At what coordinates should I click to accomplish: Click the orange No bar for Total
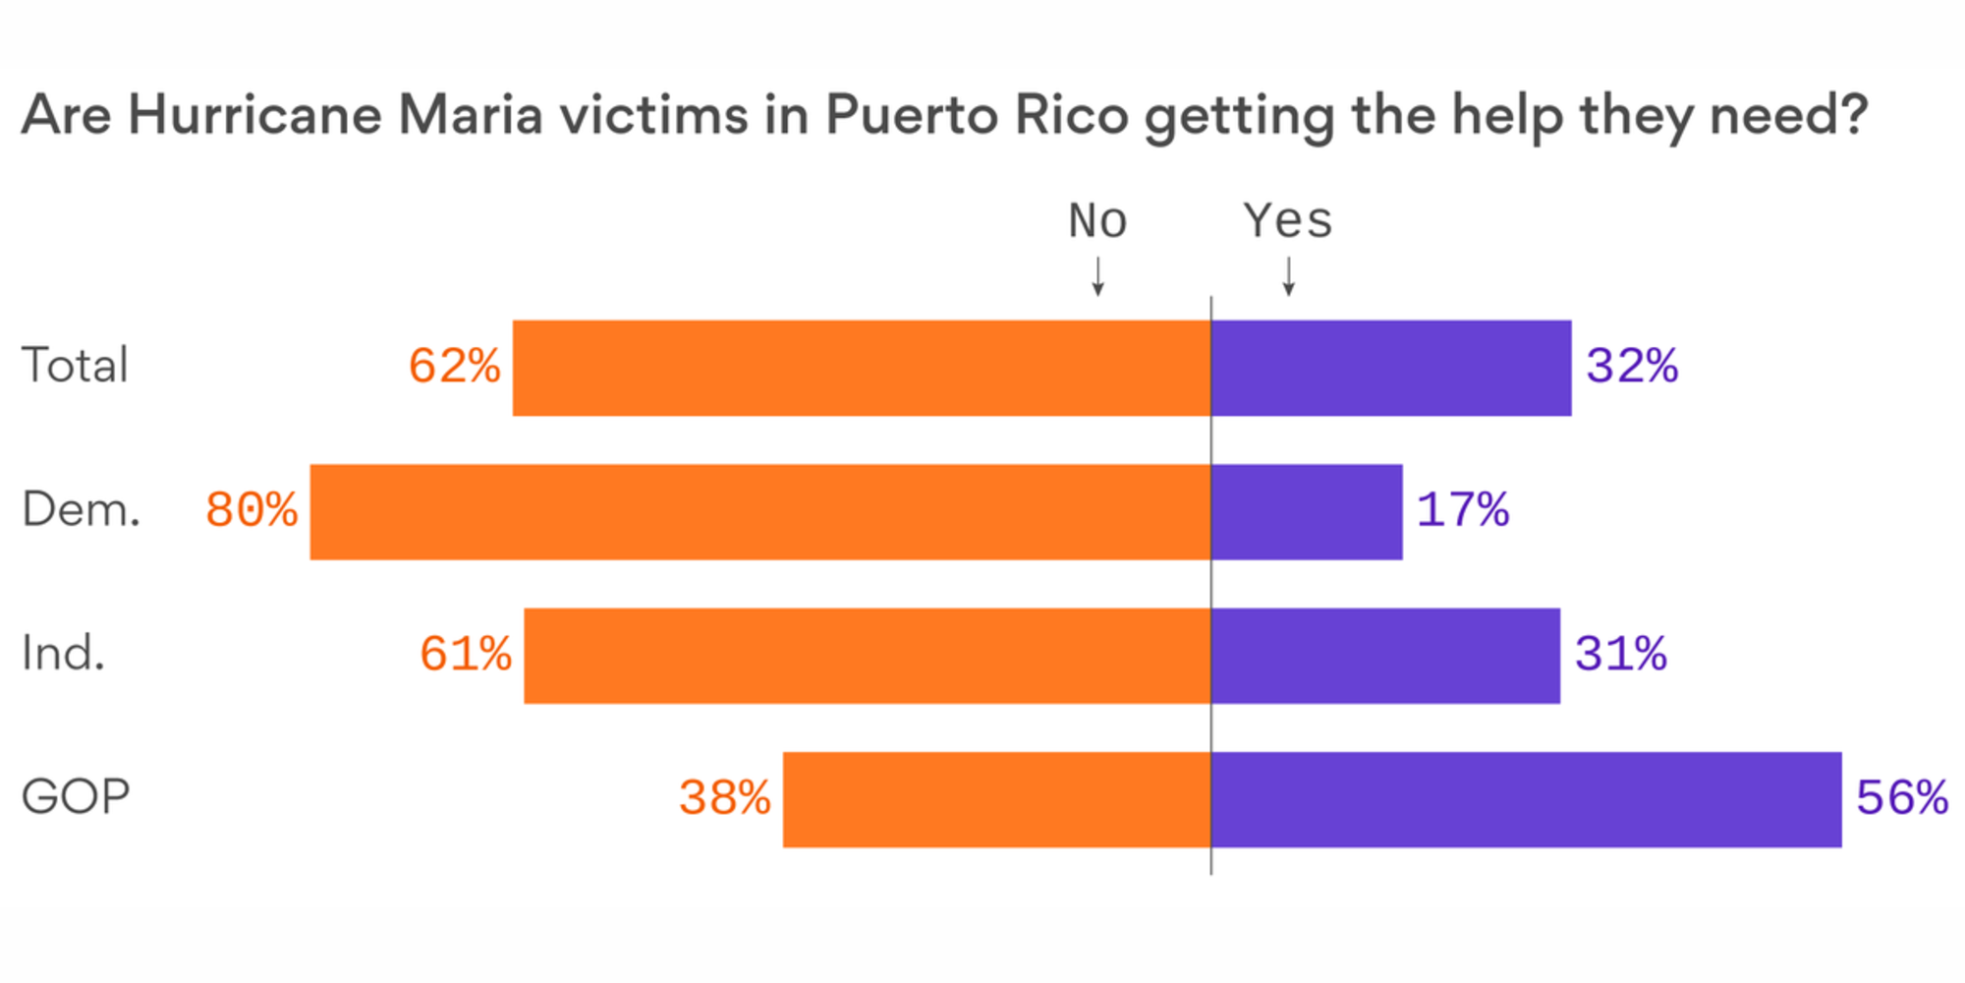862,368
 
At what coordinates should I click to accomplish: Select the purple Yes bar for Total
1391,368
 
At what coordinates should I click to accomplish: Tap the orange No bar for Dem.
760,512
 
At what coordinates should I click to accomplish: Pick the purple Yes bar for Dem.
1307,512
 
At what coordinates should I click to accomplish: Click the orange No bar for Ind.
868,656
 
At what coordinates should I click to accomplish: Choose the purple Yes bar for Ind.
1385,656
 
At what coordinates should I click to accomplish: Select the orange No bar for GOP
997,799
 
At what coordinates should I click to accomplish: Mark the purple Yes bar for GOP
1527,799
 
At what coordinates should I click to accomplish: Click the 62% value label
454,367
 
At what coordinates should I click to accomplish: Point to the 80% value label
252,510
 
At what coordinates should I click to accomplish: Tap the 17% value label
1462,510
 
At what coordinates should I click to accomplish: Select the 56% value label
1901,798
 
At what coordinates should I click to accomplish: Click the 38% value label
725,798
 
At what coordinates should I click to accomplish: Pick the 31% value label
1620,655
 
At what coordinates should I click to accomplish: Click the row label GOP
76,797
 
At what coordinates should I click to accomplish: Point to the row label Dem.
81,510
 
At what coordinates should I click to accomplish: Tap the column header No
1097,221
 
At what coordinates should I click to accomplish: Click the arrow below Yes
1288,276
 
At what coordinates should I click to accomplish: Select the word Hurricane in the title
254,115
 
